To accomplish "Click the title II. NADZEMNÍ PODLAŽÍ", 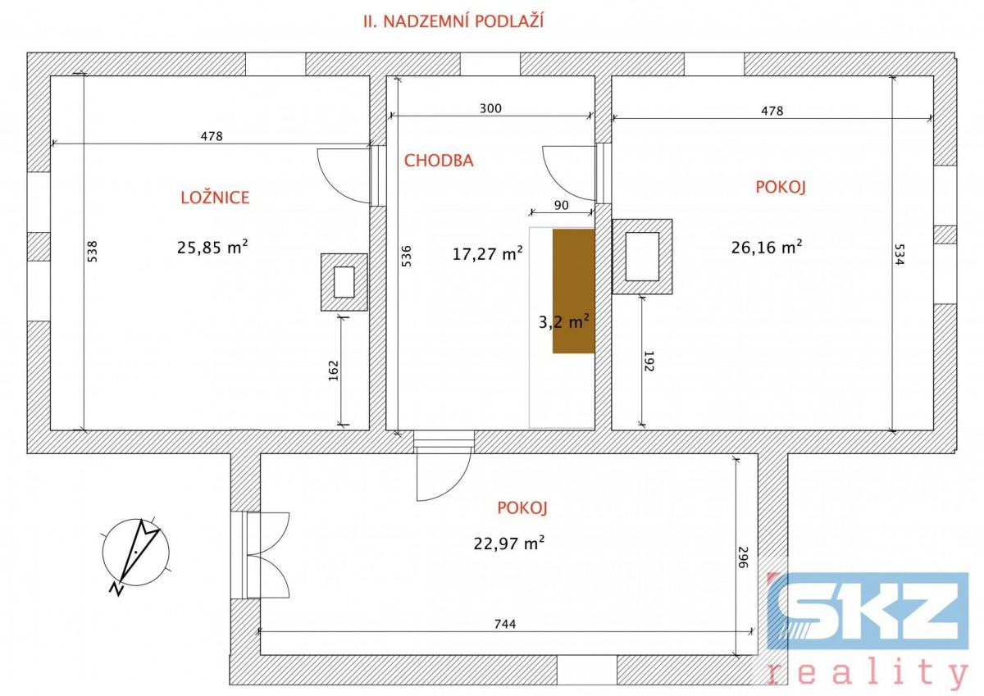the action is (x=453, y=21).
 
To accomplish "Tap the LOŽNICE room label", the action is (x=215, y=198).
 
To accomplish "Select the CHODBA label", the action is (x=439, y=161).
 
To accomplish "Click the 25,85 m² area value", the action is (x=212, y=248).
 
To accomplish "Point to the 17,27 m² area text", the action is (x=488, y=253).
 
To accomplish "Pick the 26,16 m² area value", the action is (x=767, y=247).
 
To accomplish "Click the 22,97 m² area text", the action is (x=509, y=544).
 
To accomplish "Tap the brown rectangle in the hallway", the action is (x=574, y=291).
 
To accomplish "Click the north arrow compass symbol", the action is (x=136, y=554).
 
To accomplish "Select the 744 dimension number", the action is (x=505, y=624).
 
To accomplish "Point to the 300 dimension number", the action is (x=490, y=108).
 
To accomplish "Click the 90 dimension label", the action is (x=562, y=205).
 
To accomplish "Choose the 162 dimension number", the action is (x=334, y=371).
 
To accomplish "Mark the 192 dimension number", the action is (x=649, y=361).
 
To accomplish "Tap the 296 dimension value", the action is (x=742, y=557).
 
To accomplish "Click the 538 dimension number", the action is (x=92, y=252).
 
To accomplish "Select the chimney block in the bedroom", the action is (x=344, y=282).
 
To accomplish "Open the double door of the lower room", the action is (x=267, y=555).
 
